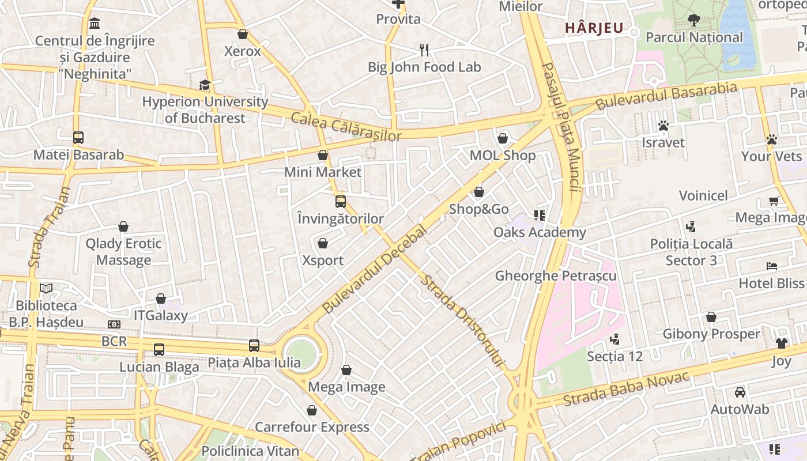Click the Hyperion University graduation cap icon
click(205, 85)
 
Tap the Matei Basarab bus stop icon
click(78, 138)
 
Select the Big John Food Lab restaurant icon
click(425, 50)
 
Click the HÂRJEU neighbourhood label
click(594, 28)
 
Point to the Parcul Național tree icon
click(694, 20)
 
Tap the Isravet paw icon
click(663, 126)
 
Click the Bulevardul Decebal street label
click(374, 269)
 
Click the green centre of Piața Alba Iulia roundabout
click(302, 353)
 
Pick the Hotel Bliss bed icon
click(772, 266)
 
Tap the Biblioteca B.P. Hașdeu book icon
click(46, 288)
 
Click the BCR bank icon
click(114, 324)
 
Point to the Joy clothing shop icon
click(781, 343)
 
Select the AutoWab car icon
click(740, 392)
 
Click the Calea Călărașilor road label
click(346, 127)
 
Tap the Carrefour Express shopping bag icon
click(312, 410)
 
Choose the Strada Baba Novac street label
click(626, 390)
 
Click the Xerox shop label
click(243, 51)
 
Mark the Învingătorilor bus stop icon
click(341, 202)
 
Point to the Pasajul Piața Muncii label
click(559, 127)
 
